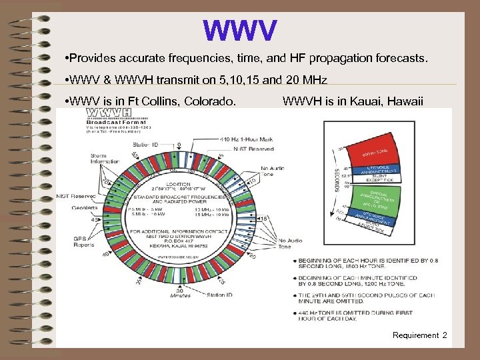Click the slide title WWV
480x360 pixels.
pos(240,30)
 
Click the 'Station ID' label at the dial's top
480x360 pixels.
pos(146,143)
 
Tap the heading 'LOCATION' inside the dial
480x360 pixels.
pos(179,183)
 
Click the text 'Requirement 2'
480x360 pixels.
pos(420,335)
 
